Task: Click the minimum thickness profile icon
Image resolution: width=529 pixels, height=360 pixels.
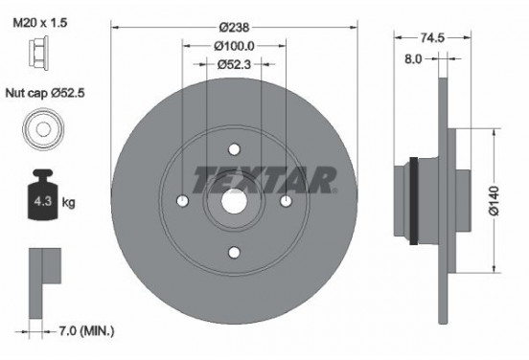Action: pos(43,270)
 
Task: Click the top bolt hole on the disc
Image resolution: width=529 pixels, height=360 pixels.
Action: pos(234,149)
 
